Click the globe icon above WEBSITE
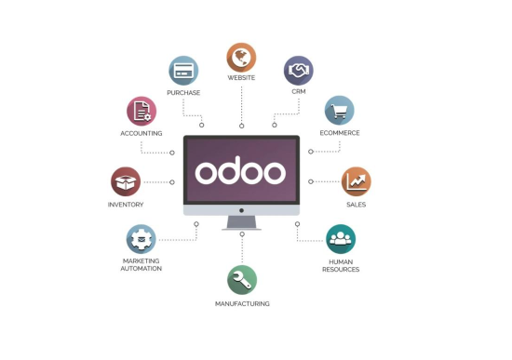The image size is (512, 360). [241, 57]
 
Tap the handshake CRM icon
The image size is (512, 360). [298, 71]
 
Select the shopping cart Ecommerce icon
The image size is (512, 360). [339, 111]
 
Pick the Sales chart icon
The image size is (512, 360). [356, 180]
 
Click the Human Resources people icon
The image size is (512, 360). [341, 239]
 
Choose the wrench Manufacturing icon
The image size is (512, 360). [242, 280]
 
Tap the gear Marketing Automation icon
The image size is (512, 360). [141, 239]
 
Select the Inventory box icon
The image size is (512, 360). [126, 181]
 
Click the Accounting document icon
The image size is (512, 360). [141, 111]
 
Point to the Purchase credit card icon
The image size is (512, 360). [183, 71]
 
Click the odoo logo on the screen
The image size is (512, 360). [241, 173]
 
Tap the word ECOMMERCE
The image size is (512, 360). [339, 133]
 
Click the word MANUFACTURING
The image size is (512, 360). [242, 303]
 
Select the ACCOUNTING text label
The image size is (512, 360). [141, 133]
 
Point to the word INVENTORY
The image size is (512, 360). [126, 204]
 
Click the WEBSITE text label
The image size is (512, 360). [241, 78]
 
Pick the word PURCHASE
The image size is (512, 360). [183, 93]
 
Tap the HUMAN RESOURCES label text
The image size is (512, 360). [341, 265]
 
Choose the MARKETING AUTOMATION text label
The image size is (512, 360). [141, 264]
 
